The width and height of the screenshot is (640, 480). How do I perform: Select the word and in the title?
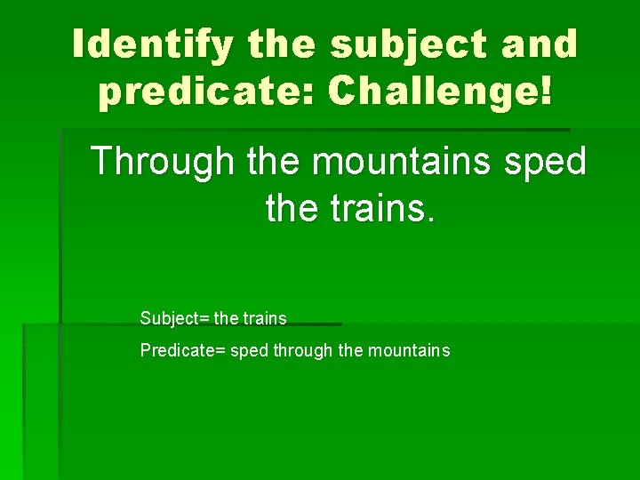pos(539,44)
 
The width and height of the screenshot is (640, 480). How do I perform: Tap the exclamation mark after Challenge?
pos(544,92)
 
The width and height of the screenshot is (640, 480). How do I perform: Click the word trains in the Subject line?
pos(265,318)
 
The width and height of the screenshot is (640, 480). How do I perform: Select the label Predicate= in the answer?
pos(183,350)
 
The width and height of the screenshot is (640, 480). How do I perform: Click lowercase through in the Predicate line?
pos(303,350)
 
